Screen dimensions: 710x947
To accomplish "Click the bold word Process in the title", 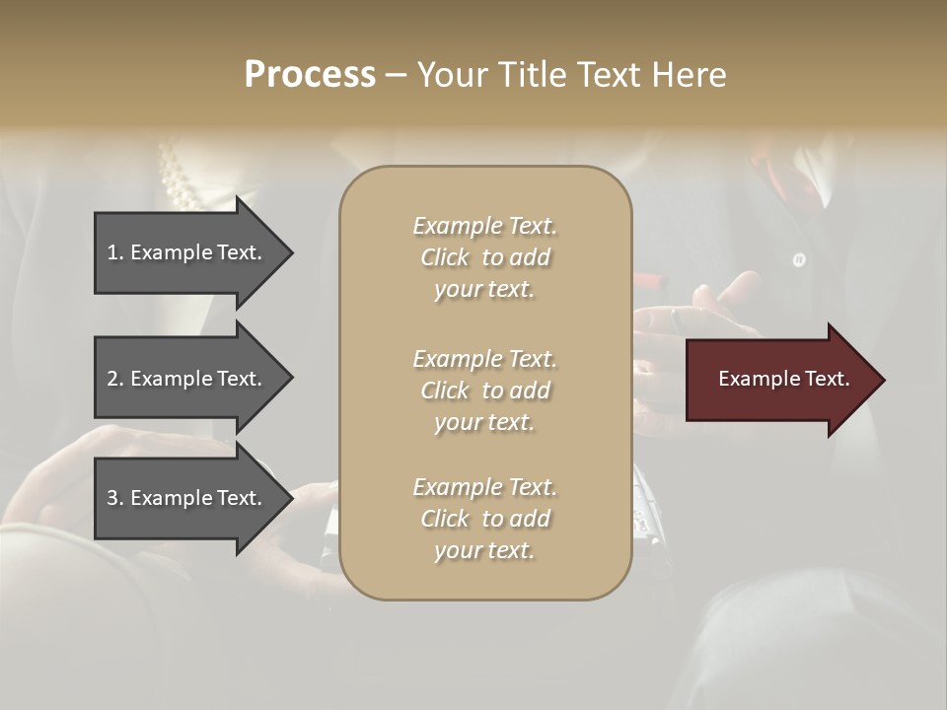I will pyautogui.click(x=310, y=75).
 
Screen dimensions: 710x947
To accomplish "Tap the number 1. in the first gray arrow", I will pyautogui.click(x=115, y=252).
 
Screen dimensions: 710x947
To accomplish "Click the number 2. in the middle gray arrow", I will pyautogui.click(x=115, y=379).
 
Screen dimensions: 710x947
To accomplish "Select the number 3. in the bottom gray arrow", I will pyautogui.click(x=115, y=498).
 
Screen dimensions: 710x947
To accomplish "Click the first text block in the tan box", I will pyautogui.click(x=484, y=257).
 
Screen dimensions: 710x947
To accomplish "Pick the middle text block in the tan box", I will pyautogui.click(x=484, y=390).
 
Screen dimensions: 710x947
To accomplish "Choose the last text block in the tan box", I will pyautogui.click(x=484, y=519).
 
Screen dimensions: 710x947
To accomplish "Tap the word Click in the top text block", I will pyautogui.click(x=444, y=257).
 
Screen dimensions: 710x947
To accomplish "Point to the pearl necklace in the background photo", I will pyautogui.click(x=181, y=177).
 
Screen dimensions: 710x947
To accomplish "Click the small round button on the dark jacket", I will pyautogui.click(x=799, y=260).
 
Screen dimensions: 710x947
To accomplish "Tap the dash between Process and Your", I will pyautogui.click(x=396, y=75).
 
